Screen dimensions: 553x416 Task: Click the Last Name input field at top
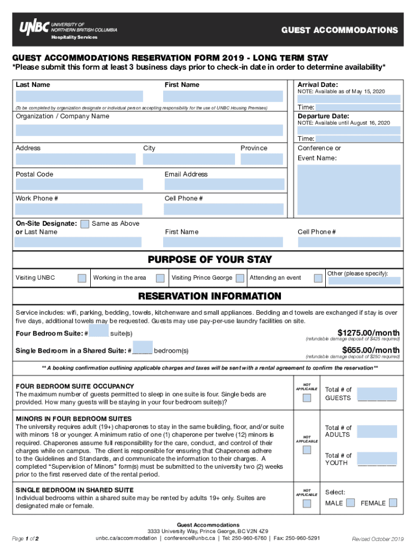pos(79,96)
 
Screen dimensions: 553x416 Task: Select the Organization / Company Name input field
pos(149,130)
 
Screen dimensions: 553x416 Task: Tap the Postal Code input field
pos(79,185)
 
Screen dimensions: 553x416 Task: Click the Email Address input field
pos(224,185)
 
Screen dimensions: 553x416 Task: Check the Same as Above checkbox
pos(85,224)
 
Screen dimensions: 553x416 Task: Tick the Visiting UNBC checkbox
pos(82,278)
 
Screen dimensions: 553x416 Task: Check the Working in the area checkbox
pos(160,278)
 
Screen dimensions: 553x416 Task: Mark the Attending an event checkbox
pos(318,278)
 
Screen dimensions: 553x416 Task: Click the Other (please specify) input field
pos(364,281)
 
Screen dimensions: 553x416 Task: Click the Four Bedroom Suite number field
pos(98,331)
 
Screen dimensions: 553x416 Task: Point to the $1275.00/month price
pos(368,332)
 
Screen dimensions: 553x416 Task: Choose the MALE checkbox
pos(350,503)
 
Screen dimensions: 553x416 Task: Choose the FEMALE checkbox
pos(393,503)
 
